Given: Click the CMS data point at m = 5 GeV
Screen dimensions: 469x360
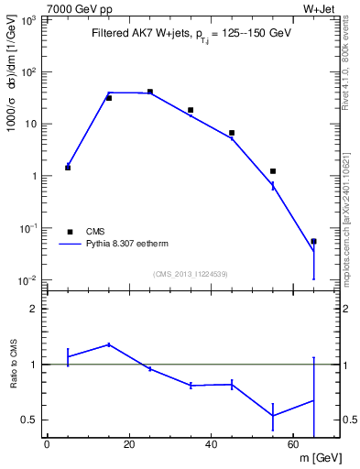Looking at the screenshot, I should [68, 168].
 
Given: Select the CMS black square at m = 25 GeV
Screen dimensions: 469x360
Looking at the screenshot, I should [150, 92].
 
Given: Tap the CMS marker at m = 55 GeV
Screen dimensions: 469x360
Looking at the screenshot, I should [273, 171].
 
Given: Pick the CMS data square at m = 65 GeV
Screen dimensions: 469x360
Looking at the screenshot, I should [314, 242].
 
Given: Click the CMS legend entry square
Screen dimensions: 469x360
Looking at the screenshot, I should [68, 232].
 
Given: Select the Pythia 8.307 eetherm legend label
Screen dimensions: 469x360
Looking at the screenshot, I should [127, 245].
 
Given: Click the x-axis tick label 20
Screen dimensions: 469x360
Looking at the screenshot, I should [129, 445].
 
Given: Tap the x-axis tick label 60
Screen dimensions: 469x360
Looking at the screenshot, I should [293, 445].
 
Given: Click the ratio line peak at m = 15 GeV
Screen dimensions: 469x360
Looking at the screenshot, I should [109, 344].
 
